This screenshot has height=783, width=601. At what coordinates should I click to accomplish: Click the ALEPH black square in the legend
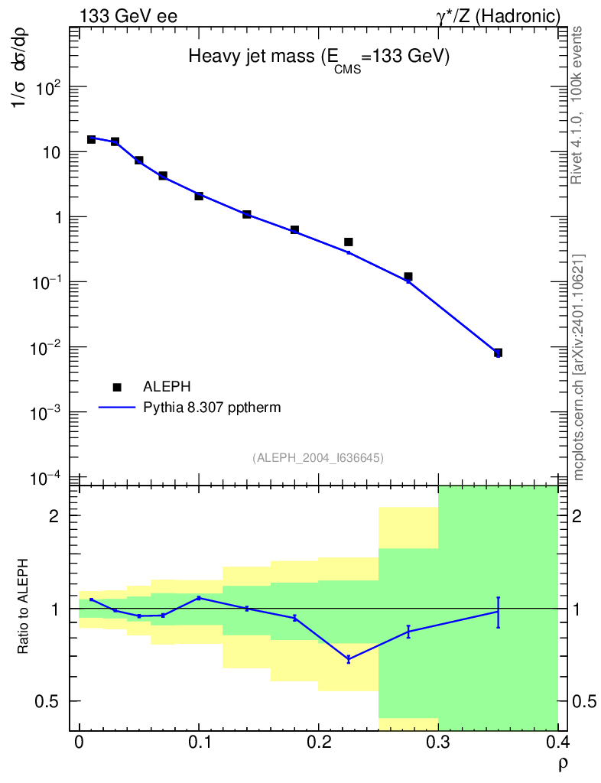117,387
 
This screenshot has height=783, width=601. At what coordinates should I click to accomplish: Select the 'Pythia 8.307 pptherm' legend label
212,408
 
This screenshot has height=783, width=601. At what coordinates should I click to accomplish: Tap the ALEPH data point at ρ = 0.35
498,353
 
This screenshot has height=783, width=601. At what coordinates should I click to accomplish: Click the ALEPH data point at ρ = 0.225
349,242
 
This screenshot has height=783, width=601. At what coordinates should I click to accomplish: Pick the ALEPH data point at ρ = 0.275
408,276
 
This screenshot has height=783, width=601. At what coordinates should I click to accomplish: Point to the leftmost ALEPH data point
91,139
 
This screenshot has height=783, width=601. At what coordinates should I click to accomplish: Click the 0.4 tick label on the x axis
557,743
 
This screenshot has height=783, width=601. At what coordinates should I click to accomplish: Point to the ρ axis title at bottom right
562,763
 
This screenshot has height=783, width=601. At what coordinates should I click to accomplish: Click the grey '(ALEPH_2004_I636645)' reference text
318,457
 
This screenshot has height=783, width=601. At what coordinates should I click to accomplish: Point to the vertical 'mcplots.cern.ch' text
579,367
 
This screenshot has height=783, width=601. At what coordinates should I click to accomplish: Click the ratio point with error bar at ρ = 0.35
498,611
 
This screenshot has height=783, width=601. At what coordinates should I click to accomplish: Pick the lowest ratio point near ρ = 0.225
349,658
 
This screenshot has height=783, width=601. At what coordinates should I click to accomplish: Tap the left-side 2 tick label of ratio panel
54,516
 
